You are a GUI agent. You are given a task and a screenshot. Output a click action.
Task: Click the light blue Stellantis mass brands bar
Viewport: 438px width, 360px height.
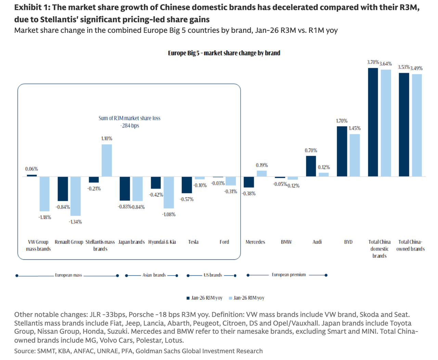tap(107, 160)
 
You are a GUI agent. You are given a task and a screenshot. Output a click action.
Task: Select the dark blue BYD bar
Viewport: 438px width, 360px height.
tap(342, 151)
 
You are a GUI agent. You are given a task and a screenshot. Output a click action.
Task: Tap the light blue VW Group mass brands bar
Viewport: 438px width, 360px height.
tap(44, 194)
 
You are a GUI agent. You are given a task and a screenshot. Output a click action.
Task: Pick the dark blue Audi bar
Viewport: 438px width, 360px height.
tap(311, 166)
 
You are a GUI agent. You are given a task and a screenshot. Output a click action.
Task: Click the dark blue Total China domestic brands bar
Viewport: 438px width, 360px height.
tap(373, 122)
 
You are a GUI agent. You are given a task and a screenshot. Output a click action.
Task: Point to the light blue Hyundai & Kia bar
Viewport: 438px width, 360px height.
tap(169, 193)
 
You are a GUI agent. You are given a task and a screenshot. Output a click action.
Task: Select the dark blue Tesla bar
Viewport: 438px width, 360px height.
tap(186, 185)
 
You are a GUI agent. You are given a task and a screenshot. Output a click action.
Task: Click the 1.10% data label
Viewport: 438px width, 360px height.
tap(107, 139)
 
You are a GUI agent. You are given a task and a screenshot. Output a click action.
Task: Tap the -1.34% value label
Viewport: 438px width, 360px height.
tap(75, 222)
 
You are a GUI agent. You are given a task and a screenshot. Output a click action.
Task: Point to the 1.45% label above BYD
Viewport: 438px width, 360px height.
tap(355, 128)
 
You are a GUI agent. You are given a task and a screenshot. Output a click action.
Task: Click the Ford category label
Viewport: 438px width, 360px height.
tap(224, 242)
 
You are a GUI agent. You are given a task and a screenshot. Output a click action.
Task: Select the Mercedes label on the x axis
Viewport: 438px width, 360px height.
tap(255, 242)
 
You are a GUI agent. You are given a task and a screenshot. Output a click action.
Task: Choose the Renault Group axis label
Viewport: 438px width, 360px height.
tap(69, 242)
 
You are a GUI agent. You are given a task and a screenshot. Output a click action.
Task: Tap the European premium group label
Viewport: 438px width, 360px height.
tap(288, 275)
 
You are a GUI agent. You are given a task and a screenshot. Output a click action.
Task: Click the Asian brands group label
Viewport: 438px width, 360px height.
tap(154, 275)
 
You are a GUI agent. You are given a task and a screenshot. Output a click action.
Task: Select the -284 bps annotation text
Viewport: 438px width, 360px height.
tap(130, 126)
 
